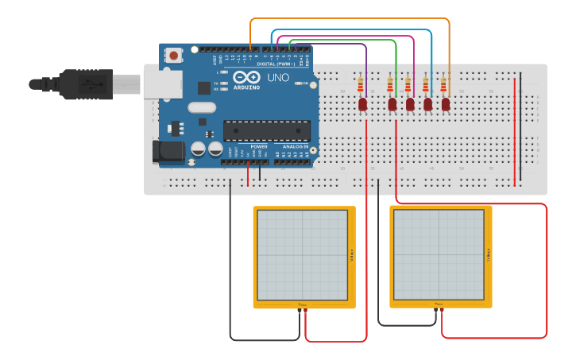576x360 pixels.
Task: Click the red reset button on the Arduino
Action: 173,56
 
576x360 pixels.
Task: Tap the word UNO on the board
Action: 279,78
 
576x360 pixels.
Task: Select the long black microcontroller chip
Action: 266,130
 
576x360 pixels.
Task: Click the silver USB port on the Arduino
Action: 162,83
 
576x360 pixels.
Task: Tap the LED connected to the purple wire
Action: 363,104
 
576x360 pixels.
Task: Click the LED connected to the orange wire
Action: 446,104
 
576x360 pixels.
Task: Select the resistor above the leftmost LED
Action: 361,84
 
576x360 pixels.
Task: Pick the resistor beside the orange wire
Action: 443,84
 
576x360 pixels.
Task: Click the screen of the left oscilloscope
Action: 302,255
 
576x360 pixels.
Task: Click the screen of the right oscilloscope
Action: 438,255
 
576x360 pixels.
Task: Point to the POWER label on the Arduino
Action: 259,147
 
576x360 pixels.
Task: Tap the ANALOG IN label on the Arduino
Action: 296,147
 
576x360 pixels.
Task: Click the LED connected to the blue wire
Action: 428,104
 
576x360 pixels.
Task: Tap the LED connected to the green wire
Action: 392,104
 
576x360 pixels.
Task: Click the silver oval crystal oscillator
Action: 202,107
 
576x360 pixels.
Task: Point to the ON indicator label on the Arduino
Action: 305,83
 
